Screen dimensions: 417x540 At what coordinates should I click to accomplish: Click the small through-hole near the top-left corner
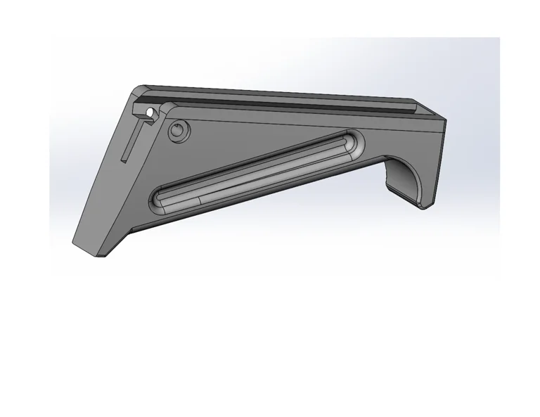(150, 112)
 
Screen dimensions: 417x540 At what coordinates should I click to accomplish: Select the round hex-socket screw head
(179, 130)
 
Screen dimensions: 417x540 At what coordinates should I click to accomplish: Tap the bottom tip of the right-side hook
(425, 206)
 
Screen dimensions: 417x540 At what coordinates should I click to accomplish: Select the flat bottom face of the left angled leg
(90, 249)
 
